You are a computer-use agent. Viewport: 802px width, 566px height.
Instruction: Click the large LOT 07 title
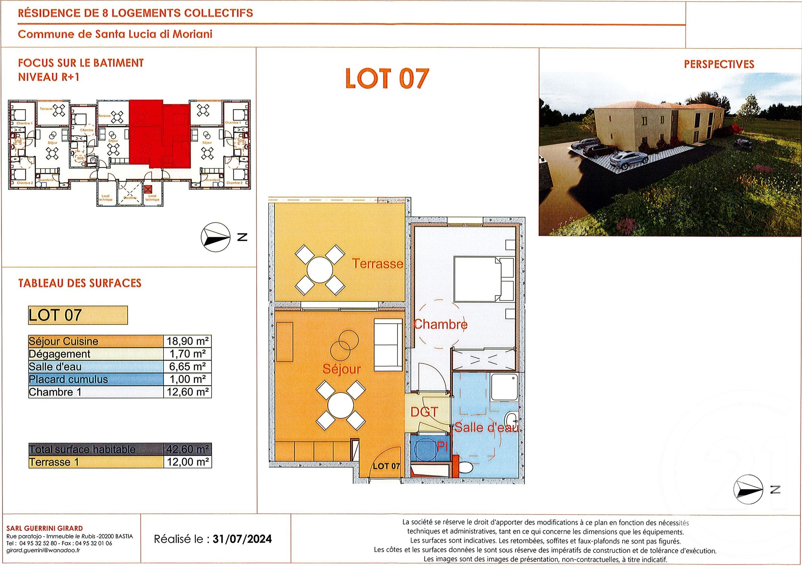click(387, 79)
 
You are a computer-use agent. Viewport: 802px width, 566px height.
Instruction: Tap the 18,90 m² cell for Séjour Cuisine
click(188, 341)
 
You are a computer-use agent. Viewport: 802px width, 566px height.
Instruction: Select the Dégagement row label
click(59, 354)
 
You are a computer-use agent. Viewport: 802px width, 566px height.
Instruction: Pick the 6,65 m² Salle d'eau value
click(188, 366)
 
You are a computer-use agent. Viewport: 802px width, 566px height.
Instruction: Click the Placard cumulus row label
click(68, 379)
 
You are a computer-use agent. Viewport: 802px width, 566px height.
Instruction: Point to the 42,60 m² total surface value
click(188, 449)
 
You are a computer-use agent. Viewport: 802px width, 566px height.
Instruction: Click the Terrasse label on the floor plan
click(377, 264)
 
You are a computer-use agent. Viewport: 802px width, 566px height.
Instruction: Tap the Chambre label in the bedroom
click(441, 324)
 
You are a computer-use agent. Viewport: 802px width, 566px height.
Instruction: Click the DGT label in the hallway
click(424, 412)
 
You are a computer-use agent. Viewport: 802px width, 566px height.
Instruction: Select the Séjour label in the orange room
click(341, 369)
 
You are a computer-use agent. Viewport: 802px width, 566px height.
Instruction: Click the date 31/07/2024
click(242, 539)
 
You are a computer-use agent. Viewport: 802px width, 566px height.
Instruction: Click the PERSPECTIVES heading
click(719, 64)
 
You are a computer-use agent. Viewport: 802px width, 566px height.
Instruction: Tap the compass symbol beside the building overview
click(215, 238)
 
